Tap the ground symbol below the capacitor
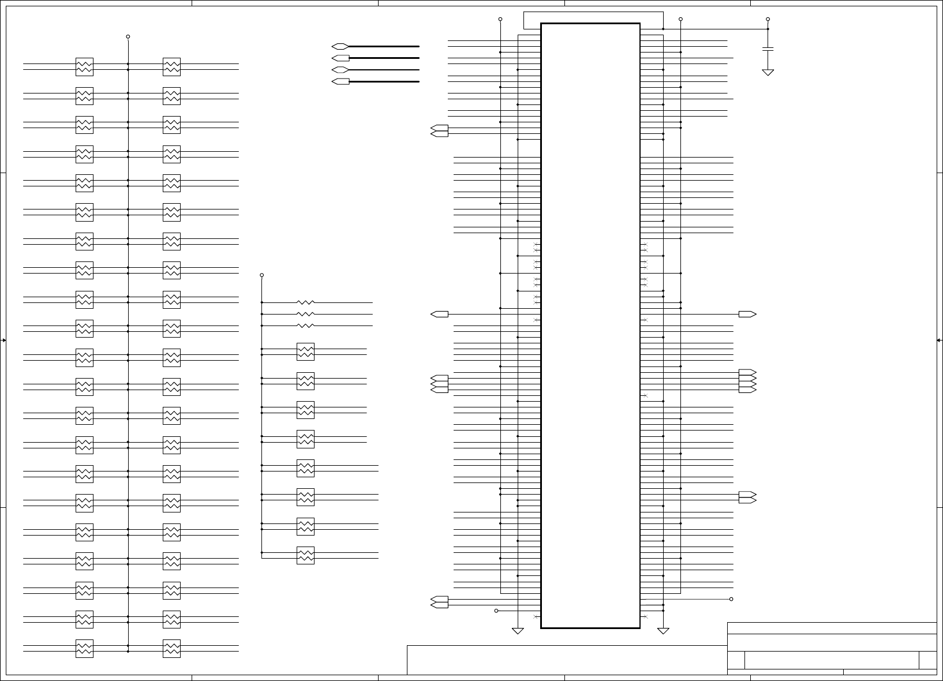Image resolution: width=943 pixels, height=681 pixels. point(768,72)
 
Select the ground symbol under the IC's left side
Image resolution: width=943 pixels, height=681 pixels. point(518,631)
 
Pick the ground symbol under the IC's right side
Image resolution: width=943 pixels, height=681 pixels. point(663,631)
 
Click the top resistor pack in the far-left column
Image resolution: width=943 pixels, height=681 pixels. point(84,67)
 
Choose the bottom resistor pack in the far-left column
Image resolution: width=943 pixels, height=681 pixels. point(84,649)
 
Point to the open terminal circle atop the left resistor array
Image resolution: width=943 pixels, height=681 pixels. point(128,36)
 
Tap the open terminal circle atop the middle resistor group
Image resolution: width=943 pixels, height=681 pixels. point(262,275)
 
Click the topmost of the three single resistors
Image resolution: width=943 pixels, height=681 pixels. point(305,302)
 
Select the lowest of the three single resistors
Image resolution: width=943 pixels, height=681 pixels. point(305,325)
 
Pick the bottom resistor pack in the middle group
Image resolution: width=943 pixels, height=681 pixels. point(305,556)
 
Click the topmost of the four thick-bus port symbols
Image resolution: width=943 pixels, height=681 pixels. point(340,46)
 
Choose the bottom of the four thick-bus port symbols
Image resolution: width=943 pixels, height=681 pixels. point(340,81)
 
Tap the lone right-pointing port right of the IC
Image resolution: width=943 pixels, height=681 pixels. point(747,315)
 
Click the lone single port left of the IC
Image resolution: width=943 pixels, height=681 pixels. point(439,315)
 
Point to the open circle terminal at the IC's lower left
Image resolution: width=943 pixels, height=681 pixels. point(496,611)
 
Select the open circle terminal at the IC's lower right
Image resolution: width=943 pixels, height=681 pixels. point(731,599)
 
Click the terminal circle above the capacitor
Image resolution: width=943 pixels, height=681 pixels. point(768,19)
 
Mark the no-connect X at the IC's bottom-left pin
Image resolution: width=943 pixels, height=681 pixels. point(536,617)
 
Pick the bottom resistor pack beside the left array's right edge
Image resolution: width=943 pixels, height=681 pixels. point(171,649)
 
